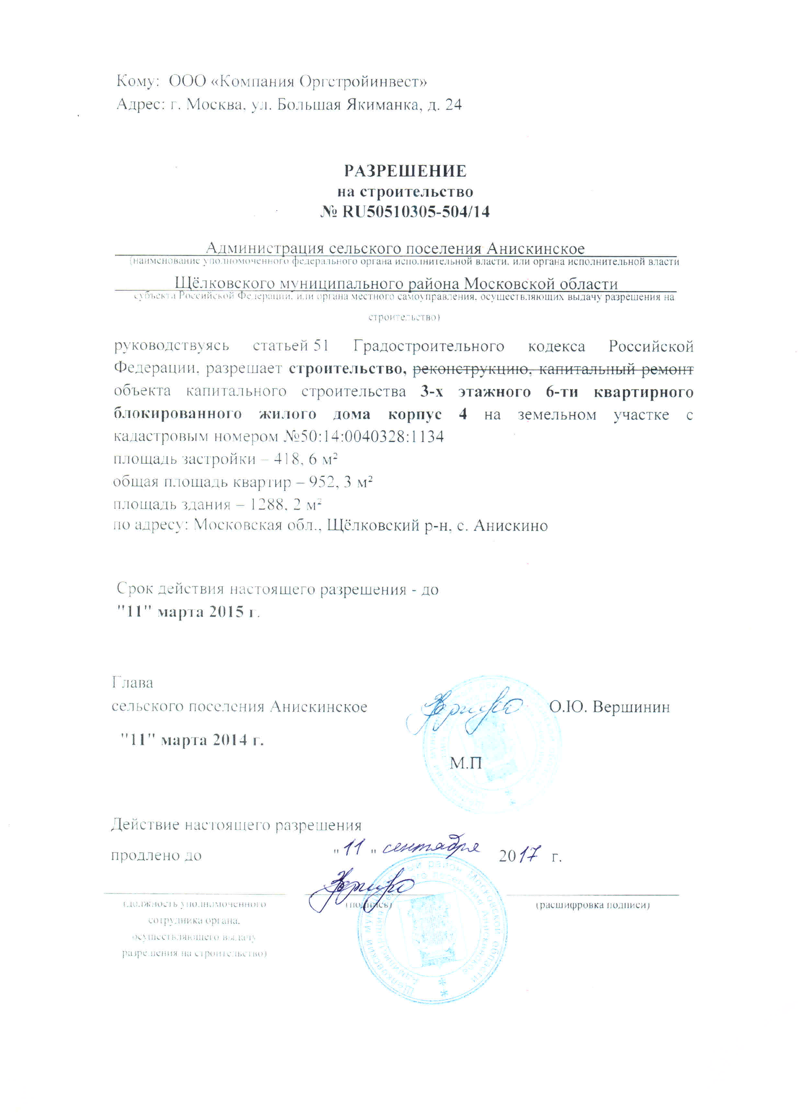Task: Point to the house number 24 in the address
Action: [x=453, y=105]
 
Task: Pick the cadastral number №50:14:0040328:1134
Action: [x=364, y=437]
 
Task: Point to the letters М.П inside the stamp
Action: [x=466, y=763]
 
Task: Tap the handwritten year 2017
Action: [x=520, y=856]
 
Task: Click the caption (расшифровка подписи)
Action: [x=593, y=905]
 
